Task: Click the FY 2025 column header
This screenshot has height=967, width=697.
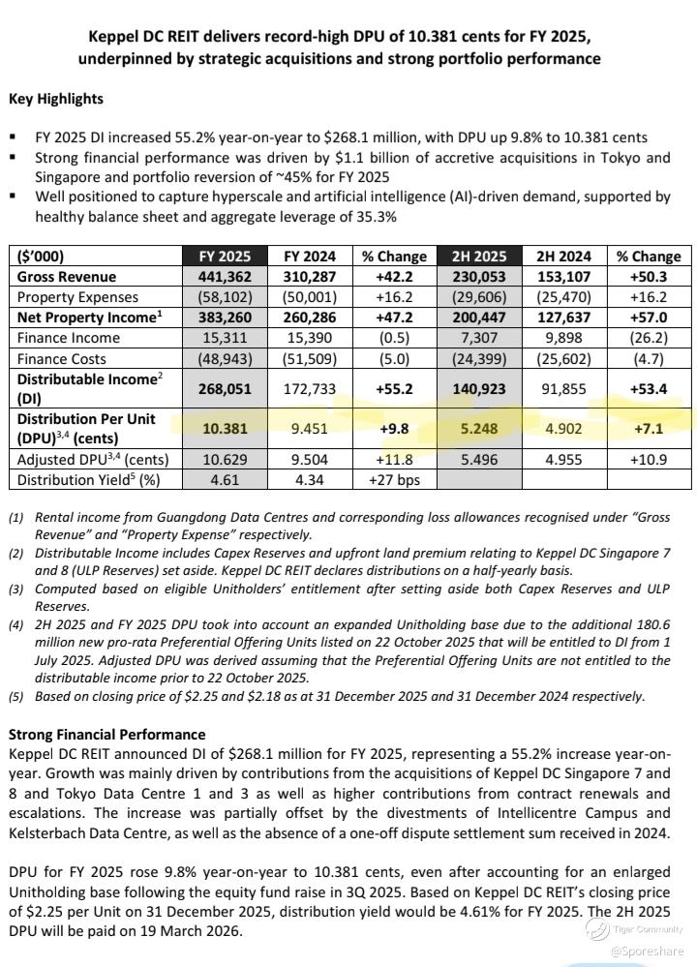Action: pyautogui.click(x=225, y=257)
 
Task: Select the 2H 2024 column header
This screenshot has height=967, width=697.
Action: pyautogui.click(x=562, y=257)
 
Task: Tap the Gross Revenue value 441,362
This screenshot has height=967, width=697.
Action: pyautogui.click(x=225, y=277)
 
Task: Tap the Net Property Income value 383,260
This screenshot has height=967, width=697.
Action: pyautogui.click(x=225, y=317)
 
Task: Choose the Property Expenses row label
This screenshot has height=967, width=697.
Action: pyautogui.click(x=78, y=297)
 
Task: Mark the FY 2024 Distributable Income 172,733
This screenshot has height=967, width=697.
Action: pyautogui.click(x=309, y=389)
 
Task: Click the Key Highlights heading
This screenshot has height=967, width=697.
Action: pyautogui.click(x=55, y=99)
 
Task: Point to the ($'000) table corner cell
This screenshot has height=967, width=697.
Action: pyautogui.click(x=44, y=257)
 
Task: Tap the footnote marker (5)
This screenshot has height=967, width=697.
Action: pyautogui.click(x=16, y=696)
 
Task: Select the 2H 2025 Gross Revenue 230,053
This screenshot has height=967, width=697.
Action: pyautogui.click(x=480, y=277)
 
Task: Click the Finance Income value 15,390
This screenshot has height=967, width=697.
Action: pyautogui.click(x=309, y=338)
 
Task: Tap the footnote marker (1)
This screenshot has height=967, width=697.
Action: pyautogui.click(x=16, y=518)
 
